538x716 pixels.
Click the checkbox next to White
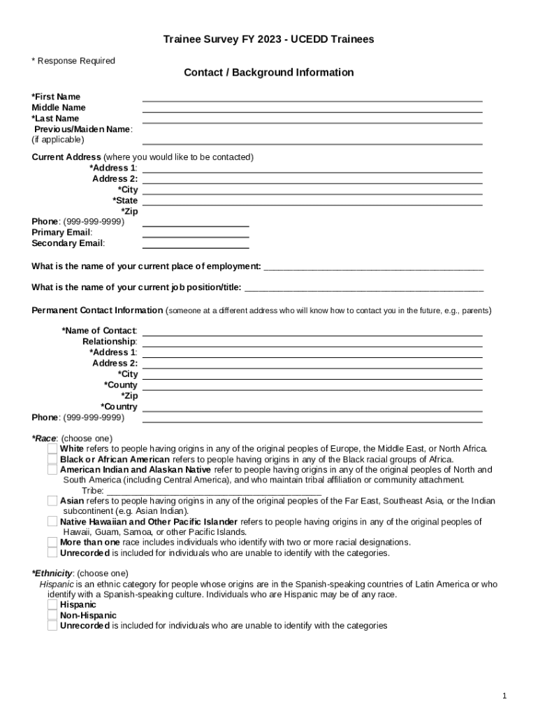click(x=52, y=449)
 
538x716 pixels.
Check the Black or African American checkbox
click(x=52, y=459)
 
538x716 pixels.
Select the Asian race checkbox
click(x=52, y=501)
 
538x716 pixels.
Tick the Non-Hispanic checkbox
click(x=52, y=615)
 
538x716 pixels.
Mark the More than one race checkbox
click(x=52, y=542)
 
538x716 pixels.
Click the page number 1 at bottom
click(x=504, y=696)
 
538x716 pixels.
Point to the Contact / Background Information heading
click(x=268, y=73)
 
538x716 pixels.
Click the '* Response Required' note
click(x=73, y=61)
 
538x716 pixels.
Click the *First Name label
click(x=56, y=96)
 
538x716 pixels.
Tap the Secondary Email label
click(x=68, y=243)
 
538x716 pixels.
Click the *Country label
click(x=119, y=407)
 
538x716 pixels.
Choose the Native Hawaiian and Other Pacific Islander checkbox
click(x=52, y=522)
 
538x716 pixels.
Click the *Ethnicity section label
click(x=52, y=573)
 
